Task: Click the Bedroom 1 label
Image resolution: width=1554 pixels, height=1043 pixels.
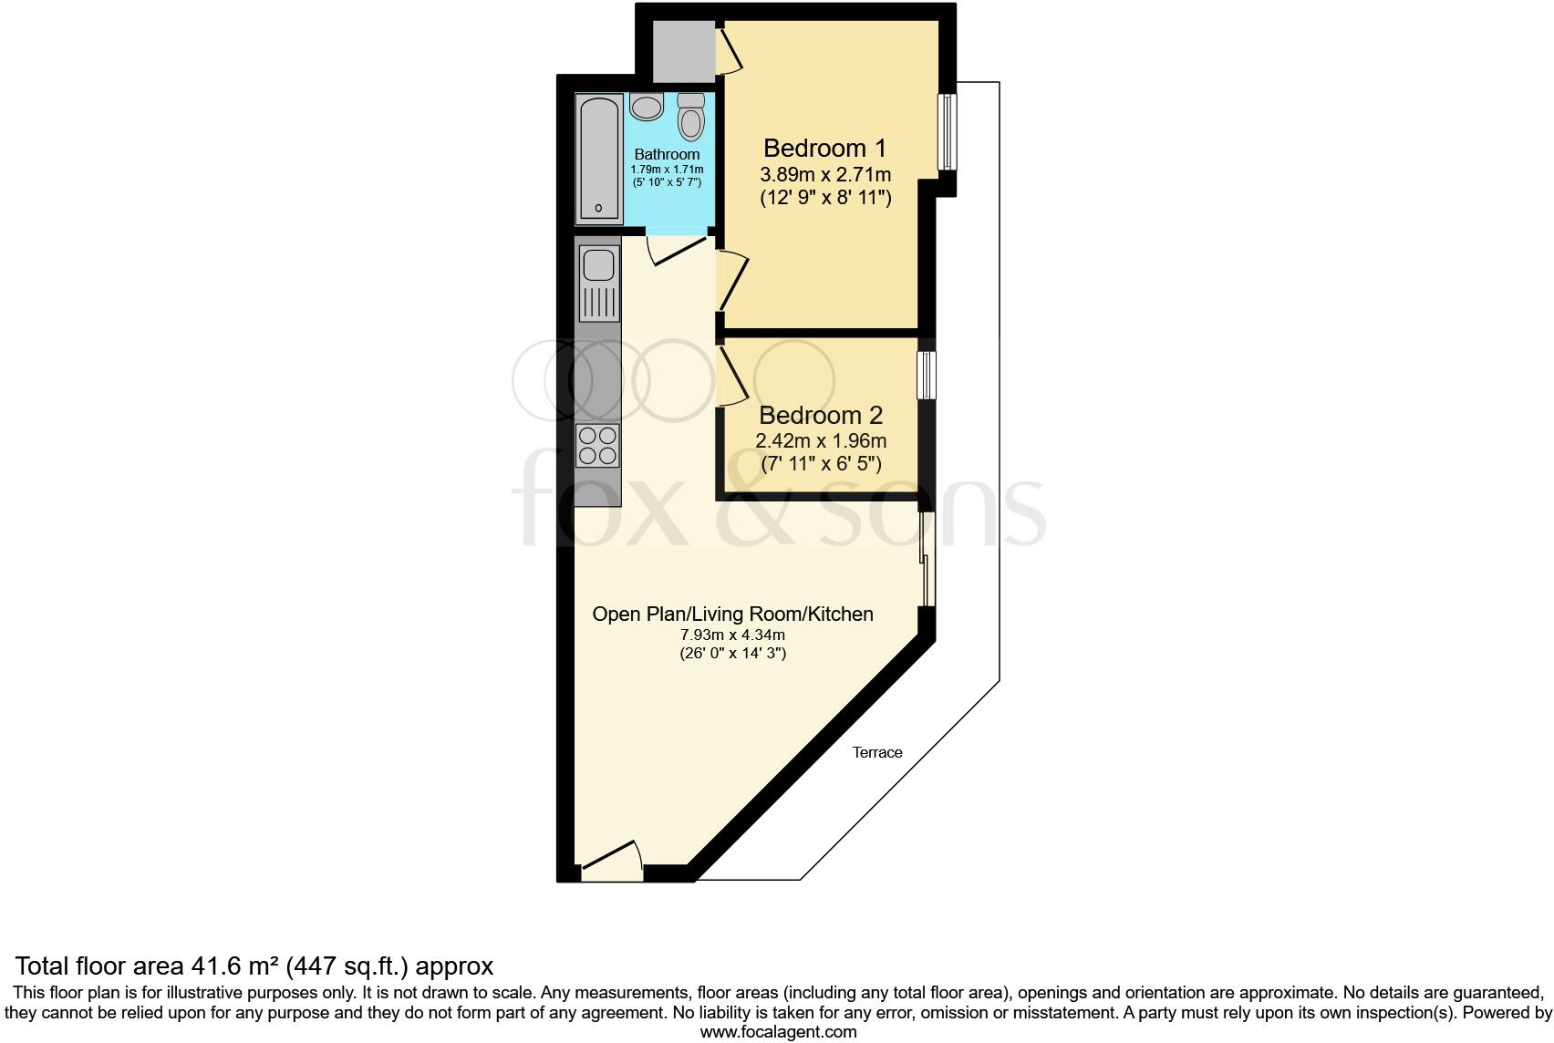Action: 824,148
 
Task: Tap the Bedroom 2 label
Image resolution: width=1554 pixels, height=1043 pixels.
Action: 821,416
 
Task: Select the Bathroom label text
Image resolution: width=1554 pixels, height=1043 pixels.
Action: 667,154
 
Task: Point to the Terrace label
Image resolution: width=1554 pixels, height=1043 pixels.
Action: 877,752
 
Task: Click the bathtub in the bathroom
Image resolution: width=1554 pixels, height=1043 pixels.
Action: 599,160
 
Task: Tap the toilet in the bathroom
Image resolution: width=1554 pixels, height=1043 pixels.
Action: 692,118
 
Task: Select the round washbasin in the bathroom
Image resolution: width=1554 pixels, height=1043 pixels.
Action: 647,108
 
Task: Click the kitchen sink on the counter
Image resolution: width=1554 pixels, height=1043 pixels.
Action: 599,265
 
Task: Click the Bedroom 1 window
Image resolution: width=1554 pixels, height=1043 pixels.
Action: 947,132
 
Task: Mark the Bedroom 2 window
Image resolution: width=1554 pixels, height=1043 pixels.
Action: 927,376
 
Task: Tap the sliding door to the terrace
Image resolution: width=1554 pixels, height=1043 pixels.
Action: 926,559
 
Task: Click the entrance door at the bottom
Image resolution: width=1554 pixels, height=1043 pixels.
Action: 612,862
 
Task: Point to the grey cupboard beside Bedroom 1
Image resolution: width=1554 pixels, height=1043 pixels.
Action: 683,51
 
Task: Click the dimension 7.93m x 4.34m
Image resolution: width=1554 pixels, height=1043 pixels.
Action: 732,635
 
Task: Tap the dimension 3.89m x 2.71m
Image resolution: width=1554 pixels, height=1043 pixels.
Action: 825,174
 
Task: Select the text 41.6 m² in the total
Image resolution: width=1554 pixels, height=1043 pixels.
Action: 233,966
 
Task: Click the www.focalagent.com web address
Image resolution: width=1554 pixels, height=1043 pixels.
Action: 778,1032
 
